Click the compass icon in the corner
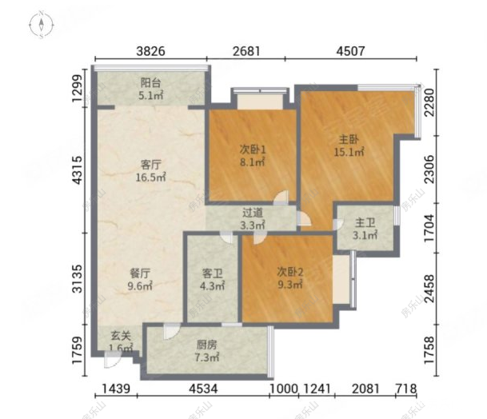click(42, 25)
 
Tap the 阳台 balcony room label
click(150, 83)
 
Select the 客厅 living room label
click(150, 165)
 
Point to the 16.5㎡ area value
click(150, 178)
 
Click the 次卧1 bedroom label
click(252, 150)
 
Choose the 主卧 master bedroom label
click(349, 139)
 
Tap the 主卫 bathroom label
click(365, 223)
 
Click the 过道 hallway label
click(253, 213)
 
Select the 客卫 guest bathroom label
click(213, 273)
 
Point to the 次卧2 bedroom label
click(290, 272)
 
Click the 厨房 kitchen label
click(207, 345)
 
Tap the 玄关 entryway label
click(121, 336)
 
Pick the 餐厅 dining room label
click(140, 273)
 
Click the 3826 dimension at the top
click(151, 51)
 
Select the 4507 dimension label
click(351, 51)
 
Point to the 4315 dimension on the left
click(78, 170)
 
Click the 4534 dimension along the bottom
click(203, 389)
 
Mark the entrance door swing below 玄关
click(112, 360)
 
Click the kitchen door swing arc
click(172, 331)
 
